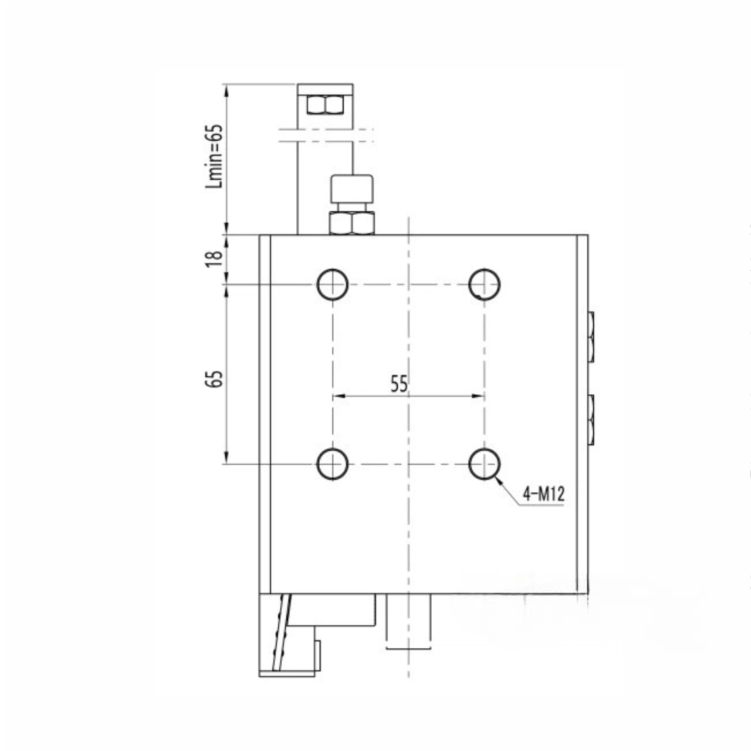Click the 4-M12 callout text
pyautogui.click(x=544, y=493)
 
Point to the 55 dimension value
pyautogui.click(x=399, y=384)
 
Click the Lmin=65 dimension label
pyautogui.click(x=215, y=156)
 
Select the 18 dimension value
pyautogui.click(x=214, y=259)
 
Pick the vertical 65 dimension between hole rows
pyautogui.click(x=214, y=379)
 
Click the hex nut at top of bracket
pyautogui.click(x=325, y=105)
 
